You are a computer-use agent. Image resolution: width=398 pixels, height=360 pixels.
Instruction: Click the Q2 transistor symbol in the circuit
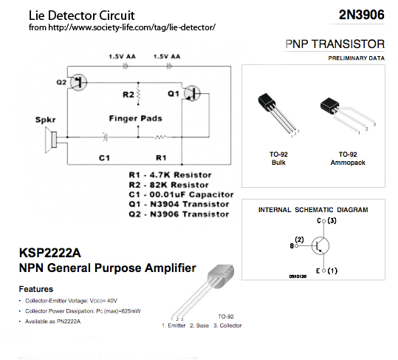[79, 82]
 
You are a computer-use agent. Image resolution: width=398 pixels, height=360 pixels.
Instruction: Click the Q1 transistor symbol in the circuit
[192, 93]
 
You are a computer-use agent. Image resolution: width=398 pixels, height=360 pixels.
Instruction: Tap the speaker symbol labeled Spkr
[51, 140]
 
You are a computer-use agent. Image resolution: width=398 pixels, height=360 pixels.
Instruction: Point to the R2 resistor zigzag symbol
[138, 95]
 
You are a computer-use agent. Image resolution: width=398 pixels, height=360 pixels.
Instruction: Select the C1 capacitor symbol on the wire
[106, 137]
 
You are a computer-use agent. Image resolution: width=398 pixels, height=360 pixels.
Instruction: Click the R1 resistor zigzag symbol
[160, 137]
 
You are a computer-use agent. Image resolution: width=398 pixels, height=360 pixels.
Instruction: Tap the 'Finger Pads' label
[136, 118]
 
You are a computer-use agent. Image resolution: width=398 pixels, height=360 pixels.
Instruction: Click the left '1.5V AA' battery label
[123, 56]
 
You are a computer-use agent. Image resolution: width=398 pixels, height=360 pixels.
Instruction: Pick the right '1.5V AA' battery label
[167, 56]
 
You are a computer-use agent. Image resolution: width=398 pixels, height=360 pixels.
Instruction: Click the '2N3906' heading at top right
[362, 15]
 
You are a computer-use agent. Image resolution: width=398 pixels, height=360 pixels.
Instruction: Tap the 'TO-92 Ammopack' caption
[348, 158]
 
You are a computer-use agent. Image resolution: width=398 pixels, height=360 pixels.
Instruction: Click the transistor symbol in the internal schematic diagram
[320, 245]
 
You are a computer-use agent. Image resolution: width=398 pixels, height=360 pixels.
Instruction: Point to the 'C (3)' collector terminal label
[326, 220]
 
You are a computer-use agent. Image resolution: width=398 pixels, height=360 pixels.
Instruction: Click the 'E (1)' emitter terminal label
[326, 271]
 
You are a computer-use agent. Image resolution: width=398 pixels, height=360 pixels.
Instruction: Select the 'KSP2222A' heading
[50, 253]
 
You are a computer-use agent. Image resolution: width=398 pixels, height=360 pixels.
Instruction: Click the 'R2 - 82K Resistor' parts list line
[169, 185]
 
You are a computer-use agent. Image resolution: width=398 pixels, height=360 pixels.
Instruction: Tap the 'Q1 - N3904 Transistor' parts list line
[179, 204]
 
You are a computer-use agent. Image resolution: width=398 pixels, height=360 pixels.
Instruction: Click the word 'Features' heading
[36, 289]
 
